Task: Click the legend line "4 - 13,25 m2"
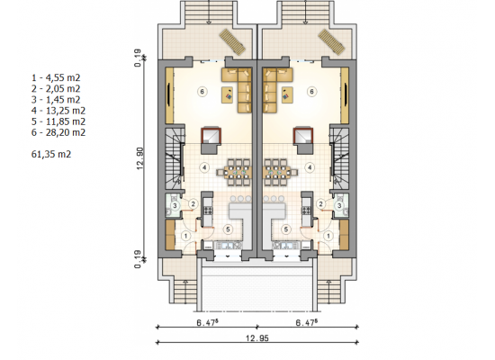[x=58, y=111]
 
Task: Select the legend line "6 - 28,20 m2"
[x=58, y=132]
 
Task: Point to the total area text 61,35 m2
[x=51, y=154]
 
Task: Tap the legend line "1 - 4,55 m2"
[x=56, y=77]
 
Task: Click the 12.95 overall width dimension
[x=257, y=338]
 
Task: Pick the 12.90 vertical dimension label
[x=140, y=158]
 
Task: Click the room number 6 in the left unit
[x=202, y=92]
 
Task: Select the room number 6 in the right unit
[x=311, y=92]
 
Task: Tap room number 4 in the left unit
[x=204, y=167]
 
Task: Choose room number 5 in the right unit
[x=286, y=229]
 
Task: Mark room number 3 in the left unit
[x=175, y=206]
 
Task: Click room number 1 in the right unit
[x=328, y=236]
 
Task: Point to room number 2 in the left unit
[x=193, y=204]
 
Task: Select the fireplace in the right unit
[x=302, y=139]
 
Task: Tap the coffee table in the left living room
[x=228, y=94]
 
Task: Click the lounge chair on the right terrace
[x=331, y=42]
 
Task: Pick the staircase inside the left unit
[x=174, y=157]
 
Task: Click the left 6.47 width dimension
[x=208, y=322]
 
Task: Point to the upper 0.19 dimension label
[x=138, y=58]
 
